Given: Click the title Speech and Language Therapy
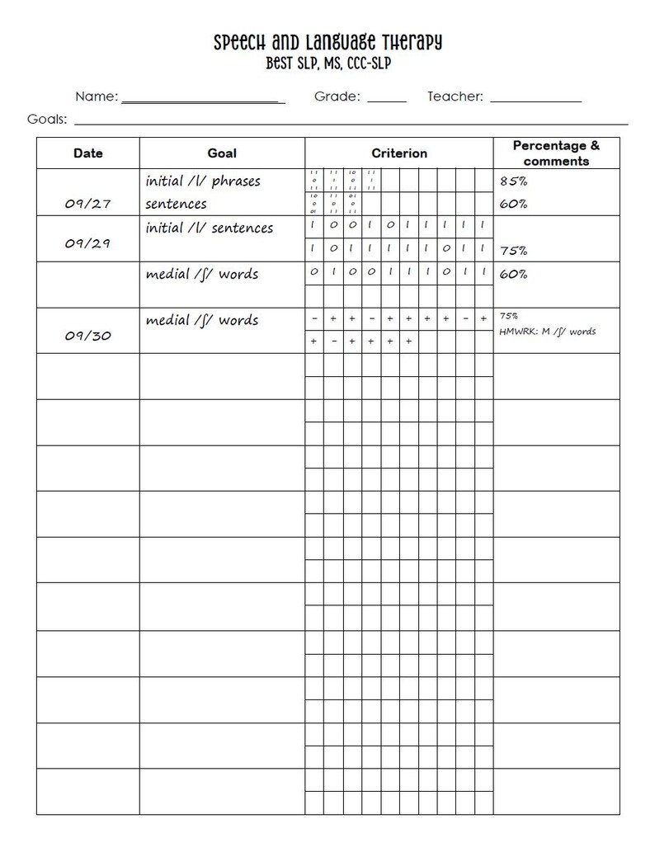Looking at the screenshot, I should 327,42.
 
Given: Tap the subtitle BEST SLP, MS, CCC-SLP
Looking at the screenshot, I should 327,64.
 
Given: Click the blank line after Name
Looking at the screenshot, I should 203,100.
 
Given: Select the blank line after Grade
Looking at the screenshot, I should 386,100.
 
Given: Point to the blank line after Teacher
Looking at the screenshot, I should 535,100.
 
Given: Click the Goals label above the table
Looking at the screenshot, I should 47,119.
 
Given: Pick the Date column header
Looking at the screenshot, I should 88,153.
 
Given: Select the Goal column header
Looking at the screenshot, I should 222,153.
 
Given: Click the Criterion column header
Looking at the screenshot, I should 399,153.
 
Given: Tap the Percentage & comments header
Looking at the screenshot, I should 556,153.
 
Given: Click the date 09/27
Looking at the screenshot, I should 88,205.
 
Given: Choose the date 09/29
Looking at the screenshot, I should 88,244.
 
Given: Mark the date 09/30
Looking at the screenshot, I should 88,337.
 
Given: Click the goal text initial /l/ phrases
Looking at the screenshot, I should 203,181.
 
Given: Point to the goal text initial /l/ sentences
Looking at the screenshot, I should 209,228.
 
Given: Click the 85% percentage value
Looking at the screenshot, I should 513,181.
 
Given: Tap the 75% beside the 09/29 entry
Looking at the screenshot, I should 513,251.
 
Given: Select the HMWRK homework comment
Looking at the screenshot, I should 548,332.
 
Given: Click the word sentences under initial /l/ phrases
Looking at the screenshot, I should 176,204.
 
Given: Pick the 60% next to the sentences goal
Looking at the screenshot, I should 513,204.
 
